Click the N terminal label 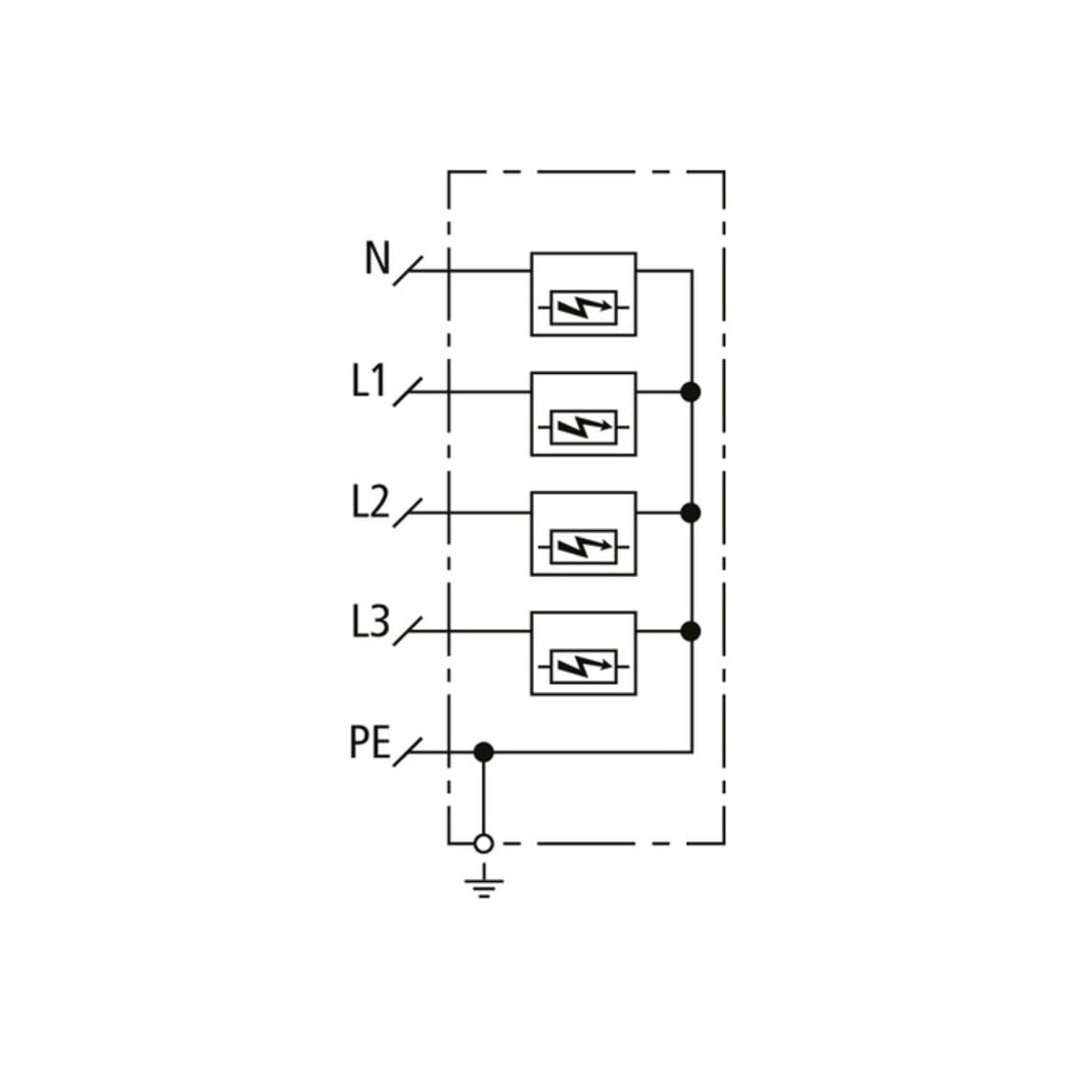click(x=377, y=258)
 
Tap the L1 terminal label click(x=370, y=381)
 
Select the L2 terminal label click(x=370, y=502)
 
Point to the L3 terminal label click(x=370, y=622)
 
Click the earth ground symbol click(x=484, y=881)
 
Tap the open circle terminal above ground click(x=483, y=844)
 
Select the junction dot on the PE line click(x=483, y=752)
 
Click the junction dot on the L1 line click(x=691, y=393)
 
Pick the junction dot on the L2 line click(x=691, y=513)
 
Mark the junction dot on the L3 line click(x=691, y=632)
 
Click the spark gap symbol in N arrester click(x=584, y=308)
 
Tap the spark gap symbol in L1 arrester click(x=584, y=428)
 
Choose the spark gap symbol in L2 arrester click(x=584, y=547)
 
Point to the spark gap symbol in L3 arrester click(x=584, y=668)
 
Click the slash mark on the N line click(x=407, y=272)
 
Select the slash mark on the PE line click(x=407, y=752)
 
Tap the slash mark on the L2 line click(x=407, y=513)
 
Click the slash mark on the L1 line click(x=407, y=393)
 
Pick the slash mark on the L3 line click(x=407, y=632)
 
